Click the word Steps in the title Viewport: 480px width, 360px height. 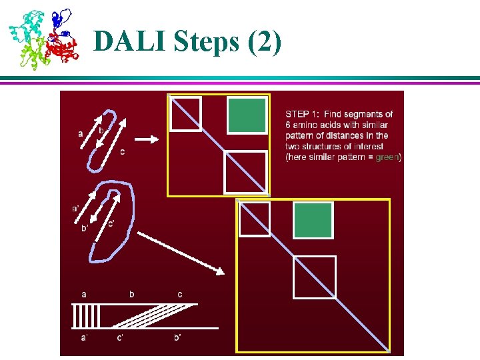click(x=201, y=41)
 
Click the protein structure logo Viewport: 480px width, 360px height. click(x=43, y=38)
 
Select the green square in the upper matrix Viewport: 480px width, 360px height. click(x=246, y=115)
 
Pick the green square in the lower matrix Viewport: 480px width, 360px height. click(x=312, y=220)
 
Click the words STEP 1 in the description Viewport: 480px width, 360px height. click(x=303, y=114)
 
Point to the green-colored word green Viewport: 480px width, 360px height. click(x=387, y=157)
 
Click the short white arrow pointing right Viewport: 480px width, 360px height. click(x=147, y=139)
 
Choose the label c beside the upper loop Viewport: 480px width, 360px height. click(x=122, y=151)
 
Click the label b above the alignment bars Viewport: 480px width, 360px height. click(x=132, y=294)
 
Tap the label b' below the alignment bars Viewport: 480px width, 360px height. click(x=178, y=338)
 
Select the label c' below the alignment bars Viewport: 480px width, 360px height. click(x=119, y=338)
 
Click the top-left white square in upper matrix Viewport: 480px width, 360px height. click(x=185, y=114)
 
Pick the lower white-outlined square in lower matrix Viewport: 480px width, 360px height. click(x=314, y=277)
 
